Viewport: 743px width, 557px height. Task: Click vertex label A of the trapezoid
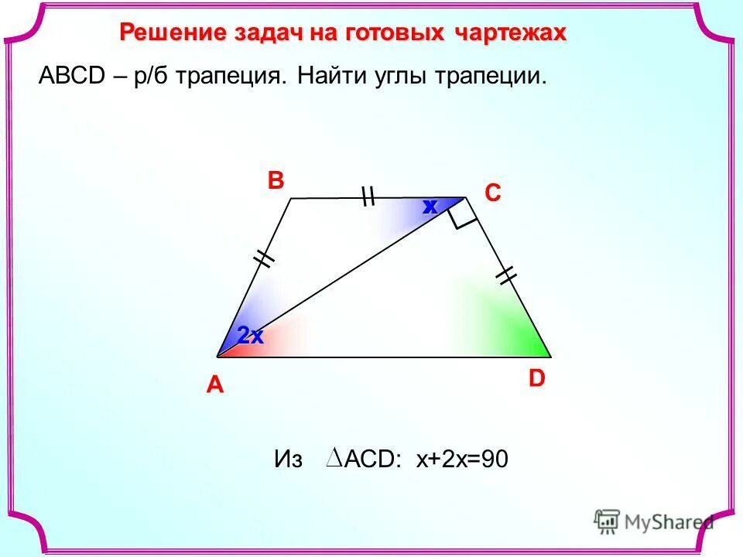coord(214,385)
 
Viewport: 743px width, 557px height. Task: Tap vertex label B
coord(276,181)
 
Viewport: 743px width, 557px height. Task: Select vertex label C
coord(493,193)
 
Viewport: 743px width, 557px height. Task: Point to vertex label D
coord(537,378)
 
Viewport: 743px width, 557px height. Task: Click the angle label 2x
coord(251,336)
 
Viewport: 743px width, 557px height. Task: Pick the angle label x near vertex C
coord(430,207)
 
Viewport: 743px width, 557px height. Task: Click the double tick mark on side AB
coord(265,258)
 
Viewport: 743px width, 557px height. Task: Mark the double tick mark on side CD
coord(507,274)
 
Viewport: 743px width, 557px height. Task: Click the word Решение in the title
coord(166,33)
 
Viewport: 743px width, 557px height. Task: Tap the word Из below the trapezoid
coord(288,460)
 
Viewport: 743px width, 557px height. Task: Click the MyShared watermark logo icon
coord(607,520)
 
